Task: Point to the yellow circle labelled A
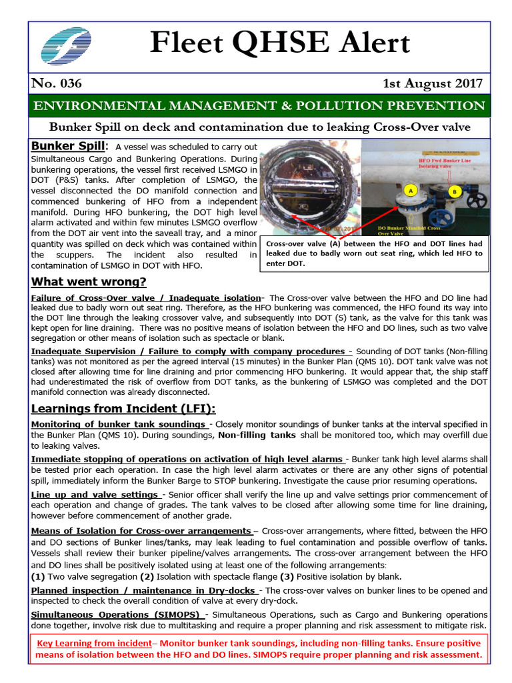(x=411, y=190)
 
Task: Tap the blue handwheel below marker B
(x=441, y=217)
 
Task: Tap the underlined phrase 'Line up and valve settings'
(x=94, y=494)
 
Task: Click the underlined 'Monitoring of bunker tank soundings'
(x=118, y=424)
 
